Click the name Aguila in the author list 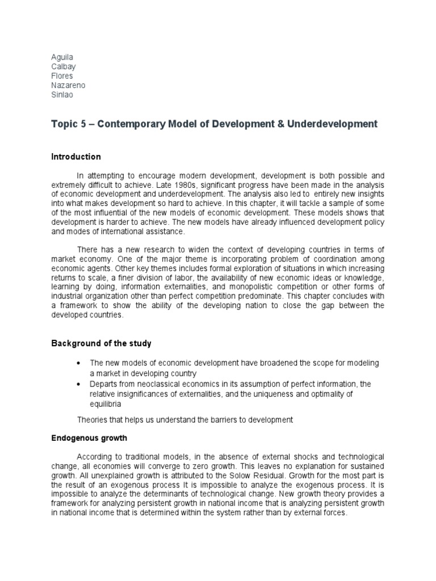[62, 57]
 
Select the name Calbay [63, 67]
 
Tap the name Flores [62, 76]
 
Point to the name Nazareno [68, 86]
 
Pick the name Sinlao [62, 95]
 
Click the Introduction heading [76, 157]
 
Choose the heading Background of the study [101, 344]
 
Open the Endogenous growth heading [89, 438]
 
